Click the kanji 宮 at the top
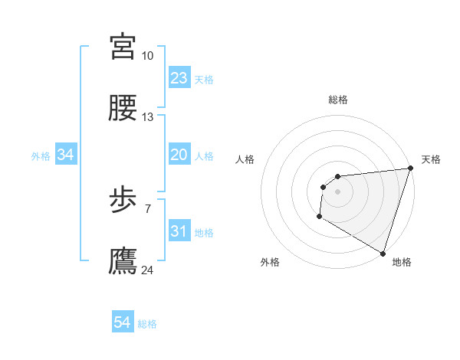(x=123, y=45)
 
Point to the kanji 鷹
(x=123, y=261)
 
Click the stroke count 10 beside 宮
(x=148, y=56)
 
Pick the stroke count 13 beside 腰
(x=148, y=117)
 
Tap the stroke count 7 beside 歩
(x=148, y=208)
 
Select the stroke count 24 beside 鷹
(x=148, y=270)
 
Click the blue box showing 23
(x=179, y=78)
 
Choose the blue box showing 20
(x=179, y=155)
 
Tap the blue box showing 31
(x=179, y=231)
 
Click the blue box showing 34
(x=66, y=155)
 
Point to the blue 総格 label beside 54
(x=147, y=324)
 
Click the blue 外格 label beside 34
(x=41, y=156)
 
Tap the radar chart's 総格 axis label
(x=338, y=100)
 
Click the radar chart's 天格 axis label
(x=432, y=160)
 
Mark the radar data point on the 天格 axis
(x=410, y=168)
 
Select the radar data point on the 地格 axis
(x=383, y=252)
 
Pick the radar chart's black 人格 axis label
(x=245, y=160)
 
